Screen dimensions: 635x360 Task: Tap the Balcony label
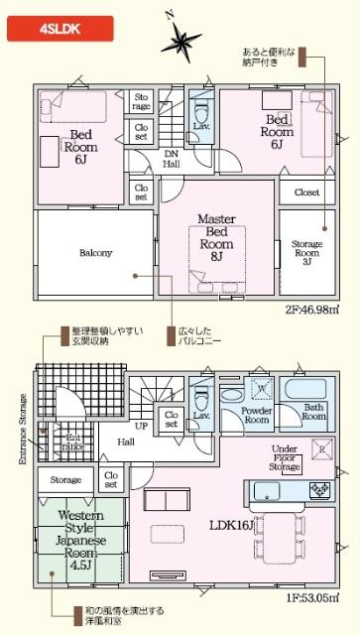coord(95,252)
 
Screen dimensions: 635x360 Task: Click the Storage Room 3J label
coord(306,252)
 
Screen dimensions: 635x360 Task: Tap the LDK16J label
coord(229,525)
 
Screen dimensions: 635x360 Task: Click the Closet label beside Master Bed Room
coord(306,192)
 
